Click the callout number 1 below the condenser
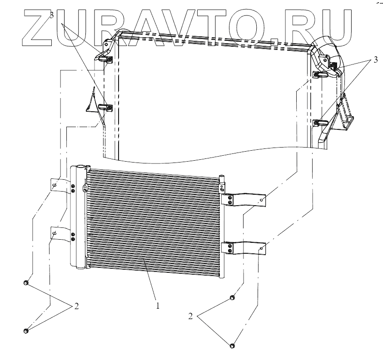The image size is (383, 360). pyautogui.click(x=158, y=306)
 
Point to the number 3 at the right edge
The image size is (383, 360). pyautogui.click(x=375, y=61)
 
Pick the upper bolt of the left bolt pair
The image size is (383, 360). pyautogui.click(x=26, y=284)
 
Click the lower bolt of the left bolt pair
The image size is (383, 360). pyautogui.click(x=26, y=331)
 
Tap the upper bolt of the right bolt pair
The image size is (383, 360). pyautogui.click(x=232, y=298)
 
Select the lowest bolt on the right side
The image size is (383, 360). pyautogui.click(x=233, y=346)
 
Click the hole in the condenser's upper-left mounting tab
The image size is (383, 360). pyautogui.click(x=54, y=185)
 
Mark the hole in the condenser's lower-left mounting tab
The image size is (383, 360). pyautogui.click(x=54, y=234)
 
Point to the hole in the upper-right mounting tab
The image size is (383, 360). pyautogui.click(x=263, y=198)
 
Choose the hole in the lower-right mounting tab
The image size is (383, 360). pyautogui.click(x=262, y=248)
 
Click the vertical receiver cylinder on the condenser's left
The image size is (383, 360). pyautogui.click(x=78, y=218)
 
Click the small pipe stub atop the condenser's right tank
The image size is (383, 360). pyautogui.click(x=221, y=178)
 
